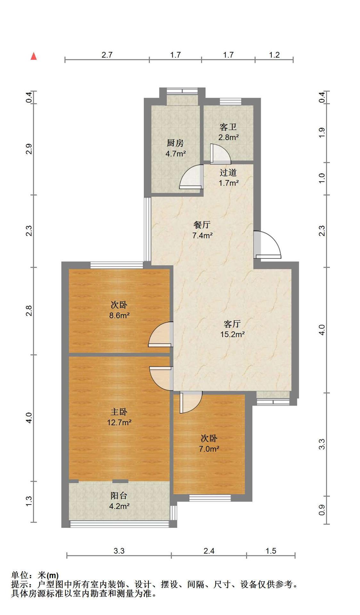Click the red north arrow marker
tap(34, 56)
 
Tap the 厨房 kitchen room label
tap(175, 143)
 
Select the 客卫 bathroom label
tap(228, 127)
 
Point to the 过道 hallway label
tap(228, 173)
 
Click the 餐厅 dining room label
tap(202, 225)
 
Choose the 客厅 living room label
tap(232, 324)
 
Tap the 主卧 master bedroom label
tap(119, 412)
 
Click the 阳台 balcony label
tap(119, 496)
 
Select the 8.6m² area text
tap(119, 316)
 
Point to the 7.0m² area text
tap(209, 449)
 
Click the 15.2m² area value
tap(232, 334)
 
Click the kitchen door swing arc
tap(192, 176)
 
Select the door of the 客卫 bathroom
tap(220, 154)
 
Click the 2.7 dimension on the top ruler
tap(107, 55)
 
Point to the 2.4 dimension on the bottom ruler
tap(209, 551)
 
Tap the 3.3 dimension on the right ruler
tap(322, 444)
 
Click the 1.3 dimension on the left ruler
tap(29, 502)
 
